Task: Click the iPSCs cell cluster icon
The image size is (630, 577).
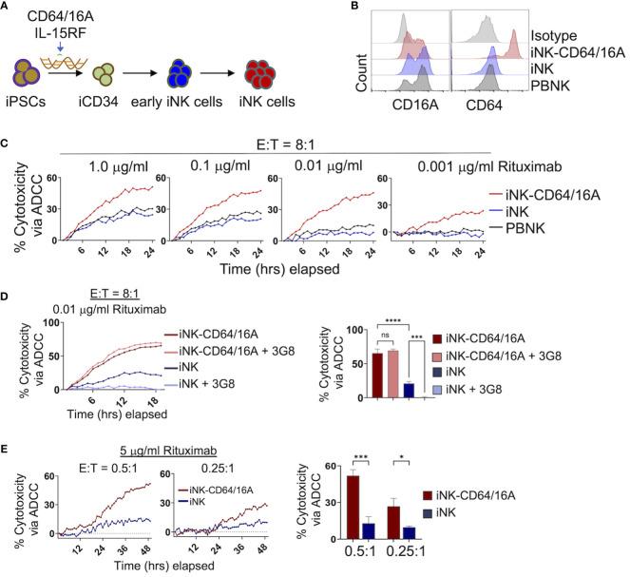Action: click(x=32, y=97)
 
